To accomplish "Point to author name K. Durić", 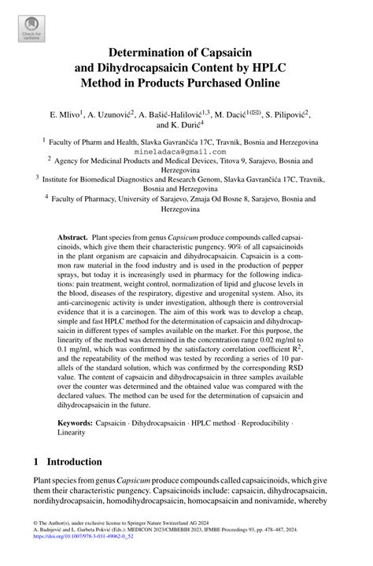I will point(179,125).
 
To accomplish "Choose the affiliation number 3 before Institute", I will point(39,178).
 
